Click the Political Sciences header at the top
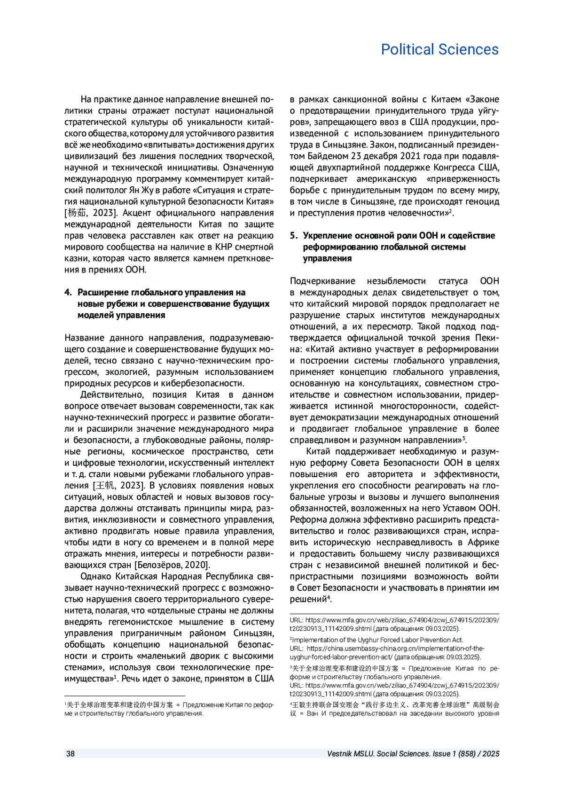tap(439, 49)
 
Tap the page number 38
tap(70, 754)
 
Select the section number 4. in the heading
tap(68, 292)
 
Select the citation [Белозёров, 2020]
tap(172, 565)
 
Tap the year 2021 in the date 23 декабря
tap(407, 156)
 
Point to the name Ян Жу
tap(142, 190)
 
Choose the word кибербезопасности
tap(202, 383)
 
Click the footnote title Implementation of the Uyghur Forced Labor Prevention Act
tap(378, 640)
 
